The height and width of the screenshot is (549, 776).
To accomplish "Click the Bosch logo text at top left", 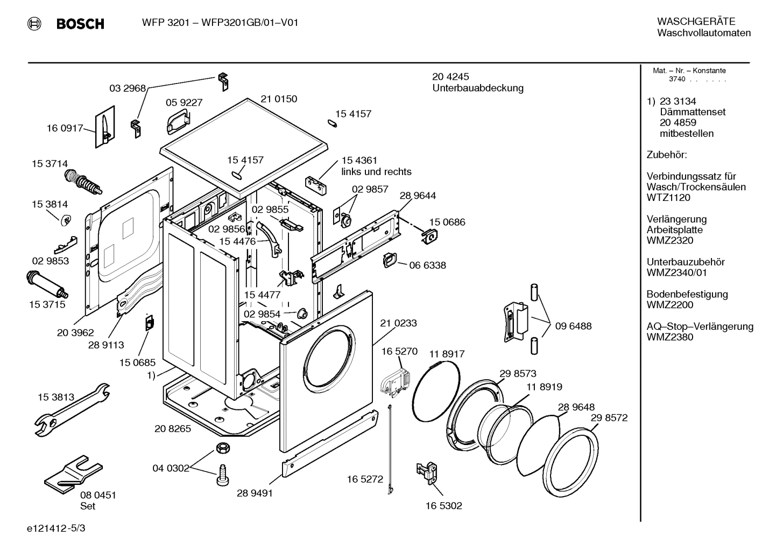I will point(80,24).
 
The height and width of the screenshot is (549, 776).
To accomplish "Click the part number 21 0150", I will point(279,99).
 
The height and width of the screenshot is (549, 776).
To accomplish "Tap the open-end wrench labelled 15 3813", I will point(69,409).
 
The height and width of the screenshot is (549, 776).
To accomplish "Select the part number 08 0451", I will point(98,495).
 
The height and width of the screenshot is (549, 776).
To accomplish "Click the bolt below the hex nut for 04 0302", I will point(222,475).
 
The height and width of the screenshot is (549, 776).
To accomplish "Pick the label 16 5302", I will point(443,505).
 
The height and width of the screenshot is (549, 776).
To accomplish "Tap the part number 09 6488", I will point(573,326).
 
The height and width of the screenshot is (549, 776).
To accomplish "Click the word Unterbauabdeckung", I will point(477,88).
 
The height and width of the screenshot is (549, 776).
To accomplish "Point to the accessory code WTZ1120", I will point(668,198).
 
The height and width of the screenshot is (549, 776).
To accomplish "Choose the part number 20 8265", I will point(173,429).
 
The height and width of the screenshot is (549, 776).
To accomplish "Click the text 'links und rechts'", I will point(376,172).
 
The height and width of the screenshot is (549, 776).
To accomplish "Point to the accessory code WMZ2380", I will point(670,337).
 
